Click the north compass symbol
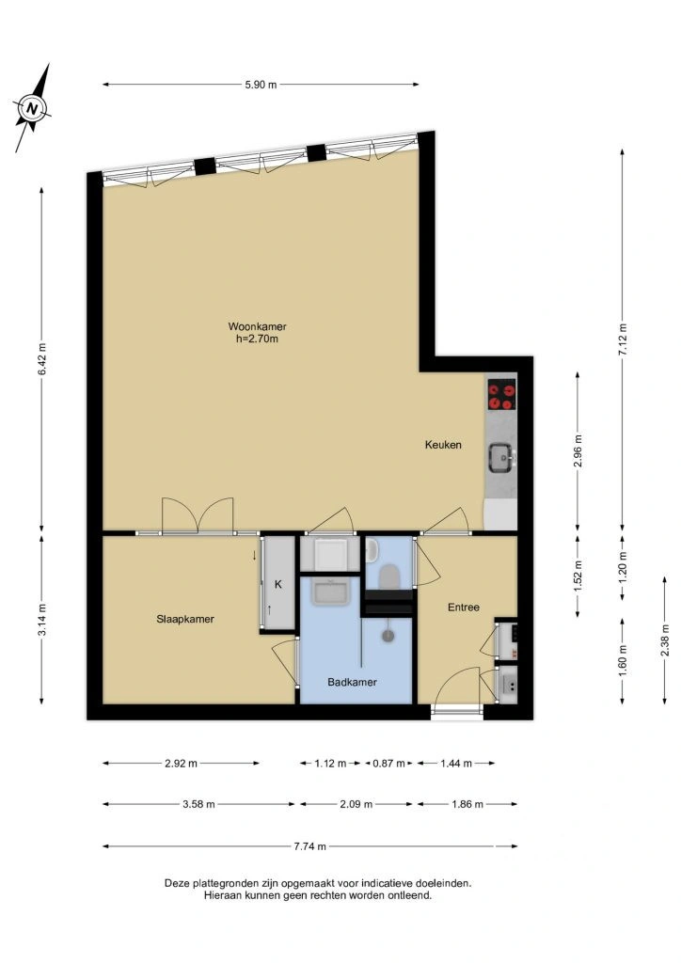click(x=33, y=109)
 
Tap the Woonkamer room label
click(x=258, y=326)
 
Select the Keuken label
click(x=443, y=445)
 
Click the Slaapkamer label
click(x=185, y=619)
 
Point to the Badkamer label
click(x=352, y=682)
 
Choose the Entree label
click(x=464, y=608)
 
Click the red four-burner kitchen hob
click(x=501, y=395)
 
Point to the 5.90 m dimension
click(x=261, y=85)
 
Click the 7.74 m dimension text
click(x=310, y=846)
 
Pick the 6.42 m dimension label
click(x=41, y=358)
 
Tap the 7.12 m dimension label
click(x=623, y=339)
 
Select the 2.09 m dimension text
click(x=356, y=804)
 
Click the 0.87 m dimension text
click(x=389, y=764)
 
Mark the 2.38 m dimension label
click(x=665, y=640)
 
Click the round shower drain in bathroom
click(x=388, y=636)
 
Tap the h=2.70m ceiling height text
click(x=258, y=339)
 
